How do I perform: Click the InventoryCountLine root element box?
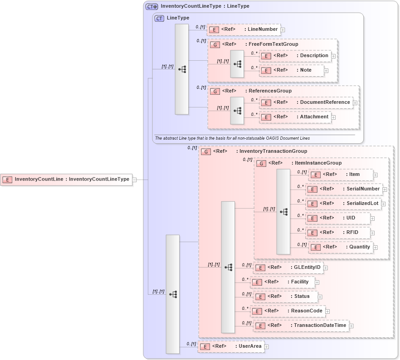click(66, 180)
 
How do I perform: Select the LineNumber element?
click(244, 29)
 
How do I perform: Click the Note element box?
click(292, 71)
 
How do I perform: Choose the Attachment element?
click(295, 117)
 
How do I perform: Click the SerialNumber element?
click(344, 189)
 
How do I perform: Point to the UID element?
click(338, 218)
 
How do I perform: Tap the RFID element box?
click(338, 233)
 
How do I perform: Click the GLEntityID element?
click(288, 268)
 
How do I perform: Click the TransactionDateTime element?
click(301, 326)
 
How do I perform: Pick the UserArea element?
click(231, 346)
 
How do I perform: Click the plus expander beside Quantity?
click(375, 248)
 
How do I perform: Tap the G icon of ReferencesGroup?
click(215, 91)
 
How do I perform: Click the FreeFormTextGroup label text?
click(273, 44)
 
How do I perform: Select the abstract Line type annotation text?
click(232, 138)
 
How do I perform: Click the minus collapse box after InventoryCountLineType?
click(134, 180)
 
